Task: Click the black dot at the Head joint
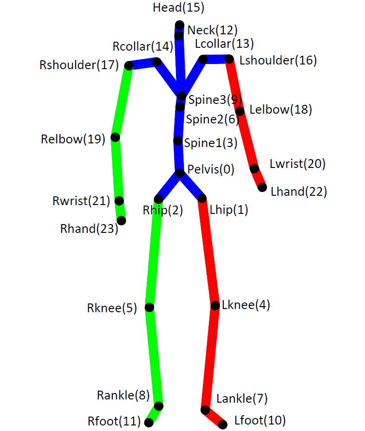179,25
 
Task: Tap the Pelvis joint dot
180,174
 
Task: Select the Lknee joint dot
215,306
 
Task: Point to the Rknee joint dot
150,307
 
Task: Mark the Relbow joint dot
115,137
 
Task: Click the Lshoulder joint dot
229,59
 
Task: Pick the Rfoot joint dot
149,423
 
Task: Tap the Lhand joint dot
262,187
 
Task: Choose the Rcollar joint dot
157,61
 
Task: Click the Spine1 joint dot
178,141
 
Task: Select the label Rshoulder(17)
79,65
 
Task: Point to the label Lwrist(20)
297,164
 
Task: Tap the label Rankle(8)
123,395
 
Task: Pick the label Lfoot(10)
260,421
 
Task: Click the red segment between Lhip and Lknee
209,252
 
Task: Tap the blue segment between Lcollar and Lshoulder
216,59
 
